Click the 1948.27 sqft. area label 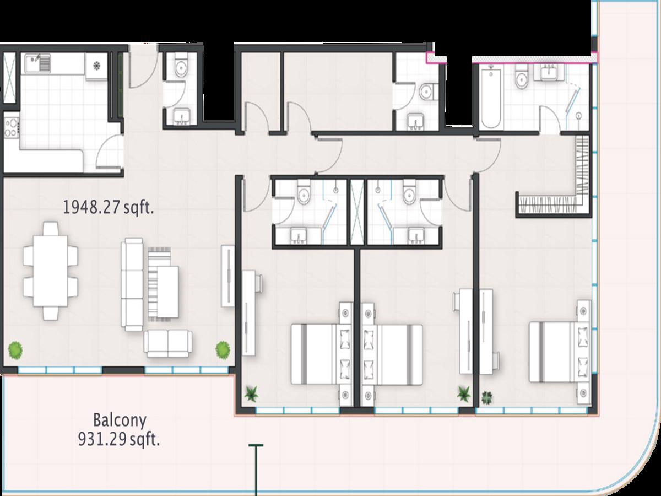108,208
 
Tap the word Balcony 120,420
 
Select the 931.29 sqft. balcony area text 118,440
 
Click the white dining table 50,271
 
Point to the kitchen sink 37,63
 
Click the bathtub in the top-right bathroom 491,98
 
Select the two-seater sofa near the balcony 168,343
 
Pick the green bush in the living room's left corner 15,350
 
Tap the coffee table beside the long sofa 168,292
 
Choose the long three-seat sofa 132,284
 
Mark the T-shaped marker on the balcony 256,470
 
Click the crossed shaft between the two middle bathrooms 357,212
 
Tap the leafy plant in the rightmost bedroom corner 486,397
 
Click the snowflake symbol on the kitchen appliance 96,66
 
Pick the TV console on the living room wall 227,276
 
